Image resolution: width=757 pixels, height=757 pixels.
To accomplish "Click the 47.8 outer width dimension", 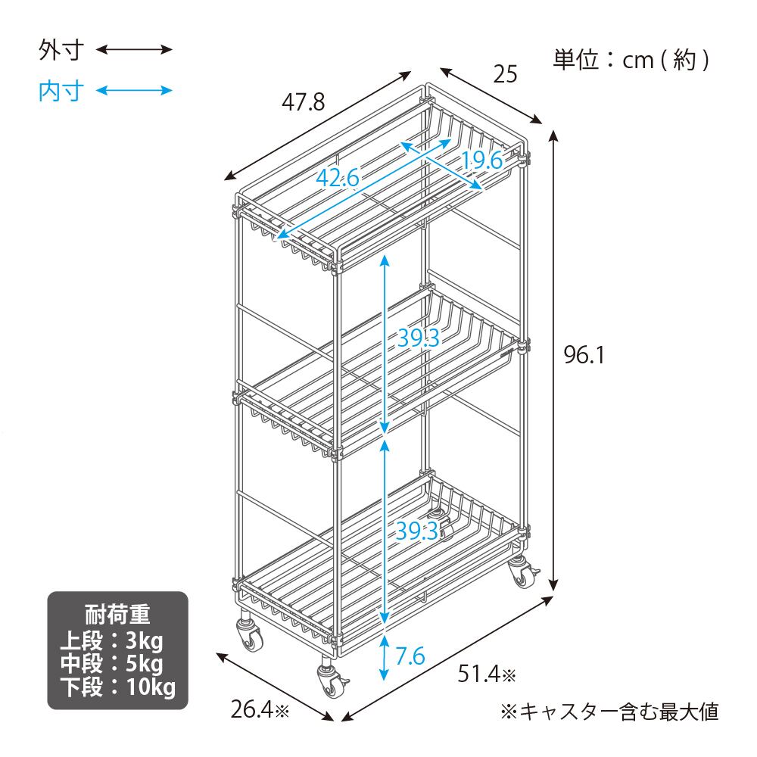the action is (x=303, y=101).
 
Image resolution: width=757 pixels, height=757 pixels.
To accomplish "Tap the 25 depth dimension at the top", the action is (x=505, y=74).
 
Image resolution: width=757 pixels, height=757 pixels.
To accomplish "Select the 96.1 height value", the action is (x=584, y=354).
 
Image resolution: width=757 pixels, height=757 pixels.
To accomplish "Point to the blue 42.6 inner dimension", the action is (x=338, y=179).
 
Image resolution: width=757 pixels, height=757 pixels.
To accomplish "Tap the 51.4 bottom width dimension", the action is (x=484, y=672).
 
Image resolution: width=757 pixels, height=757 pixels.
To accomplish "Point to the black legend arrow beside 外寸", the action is (x=135, y=51).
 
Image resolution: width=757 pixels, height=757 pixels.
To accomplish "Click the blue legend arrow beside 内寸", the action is (x=135, y=91).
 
